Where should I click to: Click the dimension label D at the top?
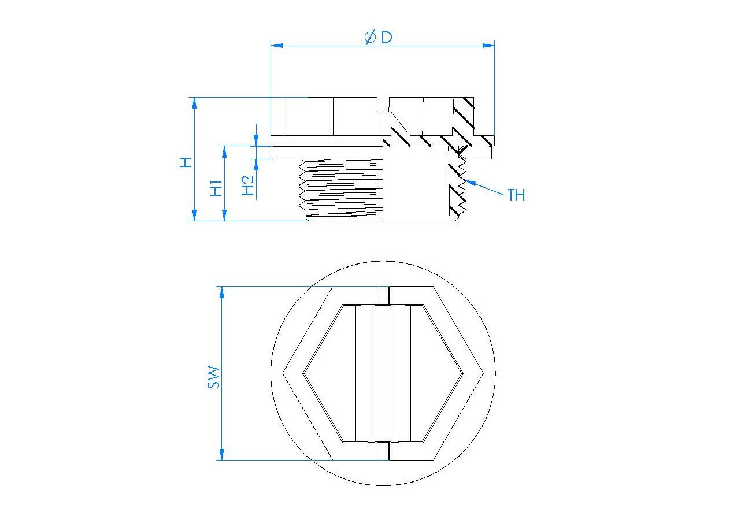click(387, 37)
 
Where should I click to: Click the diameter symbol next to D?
click(370, 37)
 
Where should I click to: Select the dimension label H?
click(186, 162)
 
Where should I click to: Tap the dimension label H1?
click(216, 188)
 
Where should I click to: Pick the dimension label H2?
click(248, 185)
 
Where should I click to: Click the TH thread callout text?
click(516, 195)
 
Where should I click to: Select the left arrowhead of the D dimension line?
click(277, 46)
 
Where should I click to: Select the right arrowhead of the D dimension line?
click(488, 46)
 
